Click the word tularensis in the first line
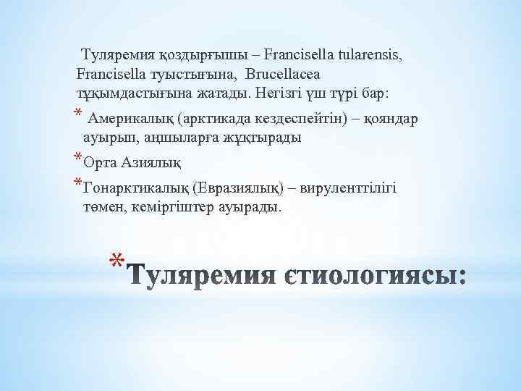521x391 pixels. (x=368, y=54)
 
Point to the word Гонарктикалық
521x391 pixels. (x=137, y=188)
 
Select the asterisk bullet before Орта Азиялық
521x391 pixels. (x=78, y=157)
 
